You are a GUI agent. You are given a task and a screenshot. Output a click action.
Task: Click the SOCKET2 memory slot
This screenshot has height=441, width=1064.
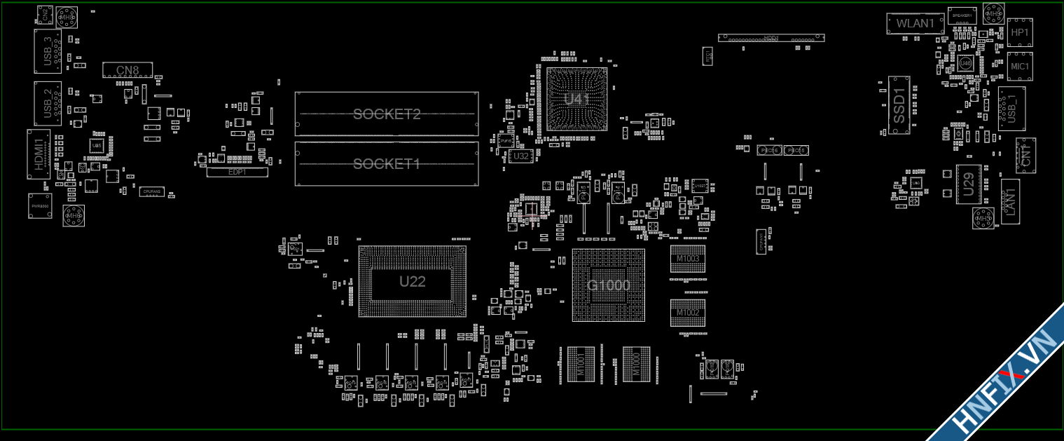(x=387, y=114)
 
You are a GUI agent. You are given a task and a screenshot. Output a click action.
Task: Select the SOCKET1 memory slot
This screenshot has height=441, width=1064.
(x=387, y=164)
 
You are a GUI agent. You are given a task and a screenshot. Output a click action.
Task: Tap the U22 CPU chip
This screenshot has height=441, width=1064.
(x=412, y=282)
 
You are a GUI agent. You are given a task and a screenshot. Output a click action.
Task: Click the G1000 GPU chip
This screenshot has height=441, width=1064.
(x=608, y=285)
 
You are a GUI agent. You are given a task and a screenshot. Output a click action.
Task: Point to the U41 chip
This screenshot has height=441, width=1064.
(x=576, y=99)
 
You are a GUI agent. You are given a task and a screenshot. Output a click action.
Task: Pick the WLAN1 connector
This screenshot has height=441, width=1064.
(x=916, y=23)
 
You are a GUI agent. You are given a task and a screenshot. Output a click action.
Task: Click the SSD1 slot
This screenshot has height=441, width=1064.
(x=899, y=105)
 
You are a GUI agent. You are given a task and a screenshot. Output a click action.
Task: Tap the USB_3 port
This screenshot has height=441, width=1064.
(x=48, y=51)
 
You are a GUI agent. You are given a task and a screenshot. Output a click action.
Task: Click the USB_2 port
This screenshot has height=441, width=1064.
(x=48, y=103)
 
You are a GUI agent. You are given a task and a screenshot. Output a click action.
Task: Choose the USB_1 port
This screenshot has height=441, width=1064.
(x=1011, y=108)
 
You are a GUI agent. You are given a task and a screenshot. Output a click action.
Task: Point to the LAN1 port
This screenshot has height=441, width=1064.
(x=1010, y=201)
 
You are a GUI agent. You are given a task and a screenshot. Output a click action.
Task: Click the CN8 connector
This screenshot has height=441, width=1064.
(x=127, y=70)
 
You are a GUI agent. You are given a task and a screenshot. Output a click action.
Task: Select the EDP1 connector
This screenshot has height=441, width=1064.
(x=237, y=172)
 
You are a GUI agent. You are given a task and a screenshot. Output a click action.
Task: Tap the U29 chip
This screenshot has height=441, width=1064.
(x=969, y=184)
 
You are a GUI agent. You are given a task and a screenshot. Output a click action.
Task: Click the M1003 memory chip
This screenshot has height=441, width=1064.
(x=687, y=259)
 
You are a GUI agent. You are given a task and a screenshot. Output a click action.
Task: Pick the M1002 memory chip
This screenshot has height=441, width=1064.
(x=687, y=312)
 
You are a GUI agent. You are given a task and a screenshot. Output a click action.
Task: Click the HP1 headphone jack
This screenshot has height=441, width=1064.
(x=1020, y=33)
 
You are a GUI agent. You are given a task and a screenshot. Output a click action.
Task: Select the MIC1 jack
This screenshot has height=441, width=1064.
(x=1020, y=66)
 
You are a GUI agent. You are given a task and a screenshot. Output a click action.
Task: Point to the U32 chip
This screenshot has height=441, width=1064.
(x=521, y=156)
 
